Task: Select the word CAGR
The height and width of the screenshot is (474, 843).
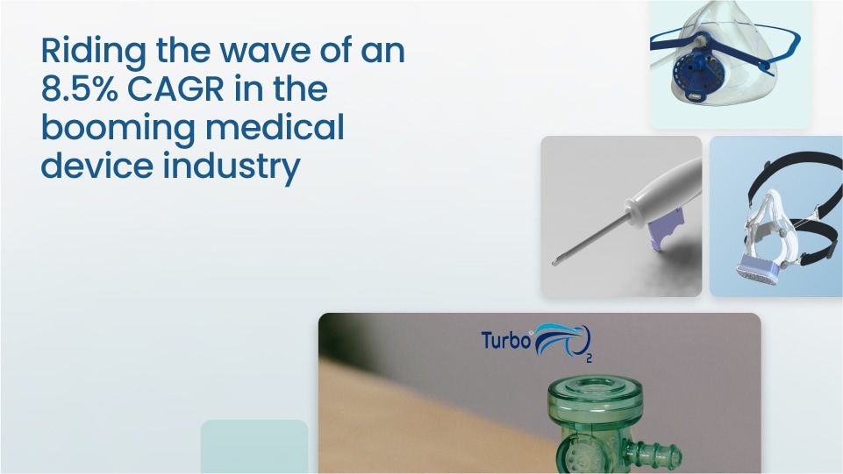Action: click(x=175, y=89)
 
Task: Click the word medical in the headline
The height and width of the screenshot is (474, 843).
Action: click(x=275, y=127)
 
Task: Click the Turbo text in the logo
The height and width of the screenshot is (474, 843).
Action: click(x=505, y=340)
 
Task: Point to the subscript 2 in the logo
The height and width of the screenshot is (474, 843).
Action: click(x=589, y=358)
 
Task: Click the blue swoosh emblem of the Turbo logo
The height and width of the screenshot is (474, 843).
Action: click(x=561, y=339)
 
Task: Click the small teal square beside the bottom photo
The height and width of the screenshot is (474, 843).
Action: click(x=254, y=447)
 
